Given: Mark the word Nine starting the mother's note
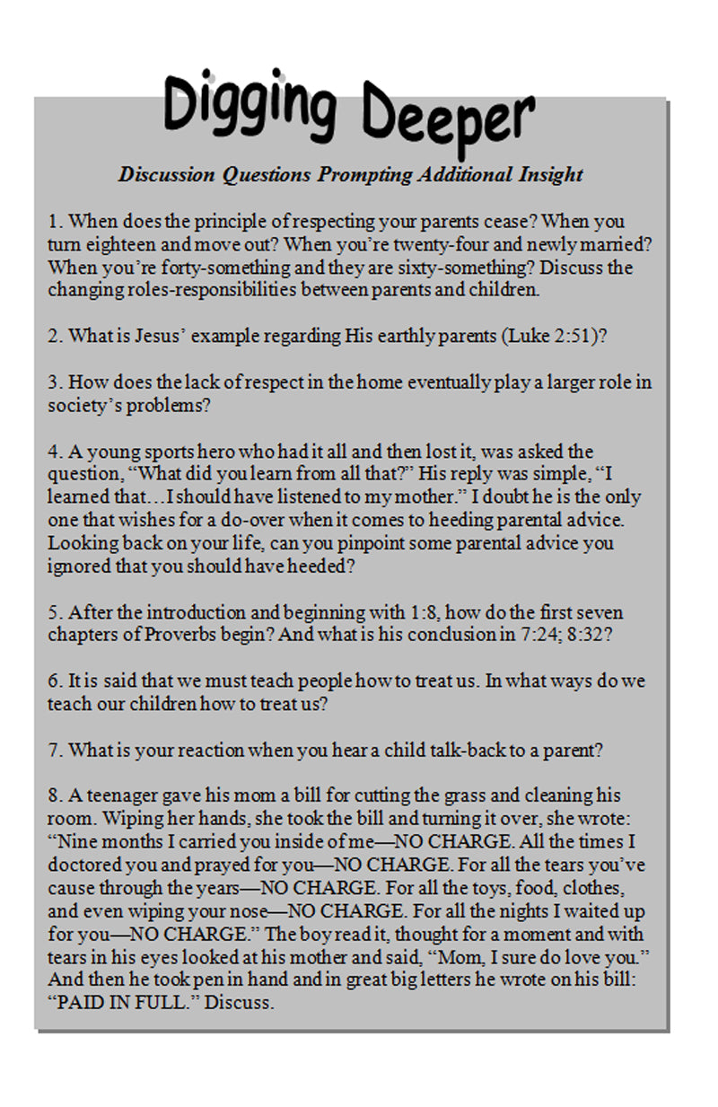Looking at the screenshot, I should point(78,843).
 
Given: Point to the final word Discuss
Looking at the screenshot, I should point(239,1002).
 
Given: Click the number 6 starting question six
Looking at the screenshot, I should point(53,681).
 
